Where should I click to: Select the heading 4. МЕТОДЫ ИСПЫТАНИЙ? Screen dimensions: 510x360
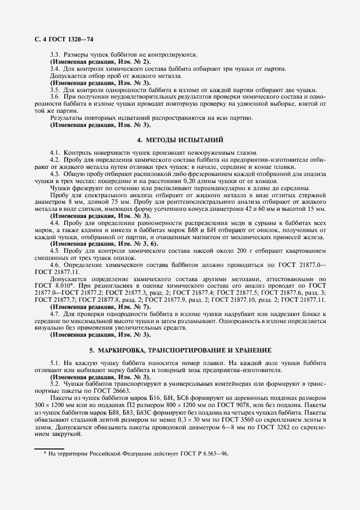click(x=180, y=139)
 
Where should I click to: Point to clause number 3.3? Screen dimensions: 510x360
click(x=55, y=55)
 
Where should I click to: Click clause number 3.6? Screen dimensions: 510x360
click(x=55, y=96)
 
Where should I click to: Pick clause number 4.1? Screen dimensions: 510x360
click(x=55, y=152)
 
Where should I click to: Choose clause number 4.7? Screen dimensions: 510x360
click(x=55, y=314)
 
